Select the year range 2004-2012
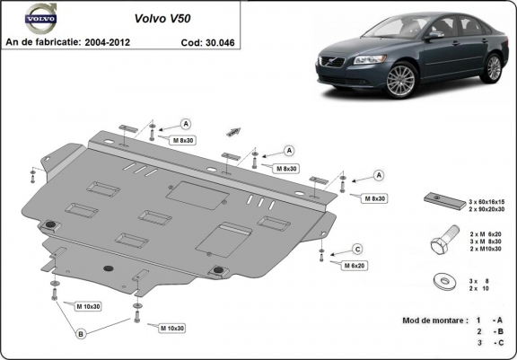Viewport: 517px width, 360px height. [x=121, y=41]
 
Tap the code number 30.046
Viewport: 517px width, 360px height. [x=224, y=41]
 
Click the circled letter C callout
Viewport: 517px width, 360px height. [x=356, y=249]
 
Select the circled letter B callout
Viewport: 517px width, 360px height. [x=81, y=335]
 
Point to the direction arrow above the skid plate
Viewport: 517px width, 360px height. [x=235, y=130]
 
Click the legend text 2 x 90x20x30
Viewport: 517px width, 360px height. [x=488, y=209]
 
